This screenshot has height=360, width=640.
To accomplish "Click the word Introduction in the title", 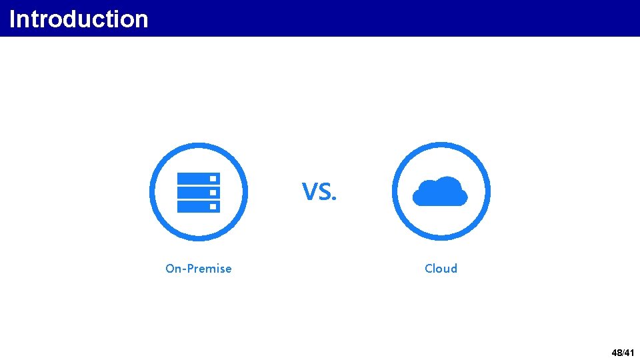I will point(79,19).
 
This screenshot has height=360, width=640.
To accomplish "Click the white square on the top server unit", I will point(213,179).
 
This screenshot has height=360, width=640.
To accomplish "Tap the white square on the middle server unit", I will point(213,193).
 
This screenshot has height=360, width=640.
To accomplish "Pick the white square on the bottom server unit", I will point(213,207).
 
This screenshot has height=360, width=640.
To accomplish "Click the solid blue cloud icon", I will point(440,192).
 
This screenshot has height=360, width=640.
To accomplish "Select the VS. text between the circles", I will point(319,192).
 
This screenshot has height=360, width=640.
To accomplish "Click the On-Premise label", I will point(199,269).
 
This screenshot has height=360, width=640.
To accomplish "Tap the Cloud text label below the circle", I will point(441,269).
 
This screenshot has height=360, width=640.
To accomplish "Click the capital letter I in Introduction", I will point(12,19).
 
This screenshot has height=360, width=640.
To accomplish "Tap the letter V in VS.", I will point(309,193).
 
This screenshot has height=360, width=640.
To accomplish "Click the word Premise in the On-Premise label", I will point(210,269).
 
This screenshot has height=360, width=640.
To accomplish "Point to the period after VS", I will point(335,199).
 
